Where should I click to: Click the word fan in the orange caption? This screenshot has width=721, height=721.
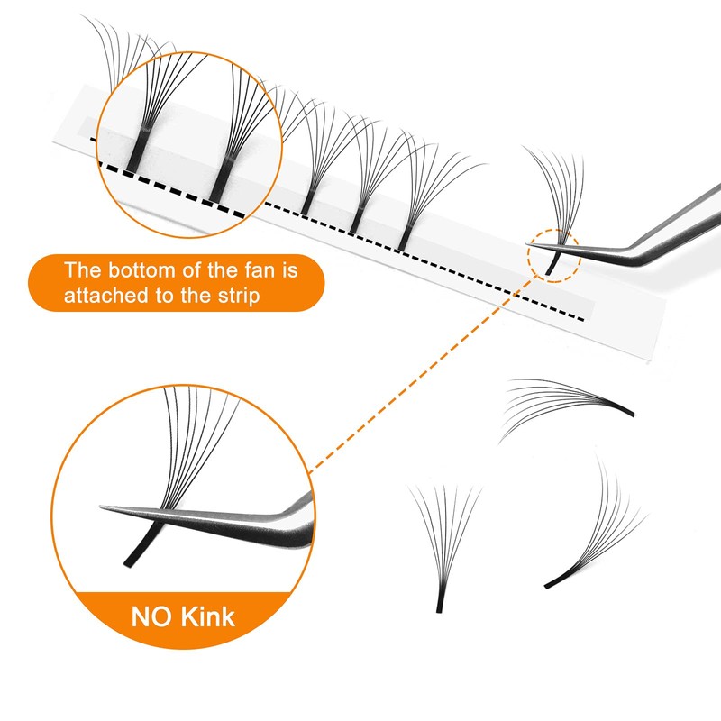[272, 269]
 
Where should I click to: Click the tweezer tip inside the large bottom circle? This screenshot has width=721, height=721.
[113, 508]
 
